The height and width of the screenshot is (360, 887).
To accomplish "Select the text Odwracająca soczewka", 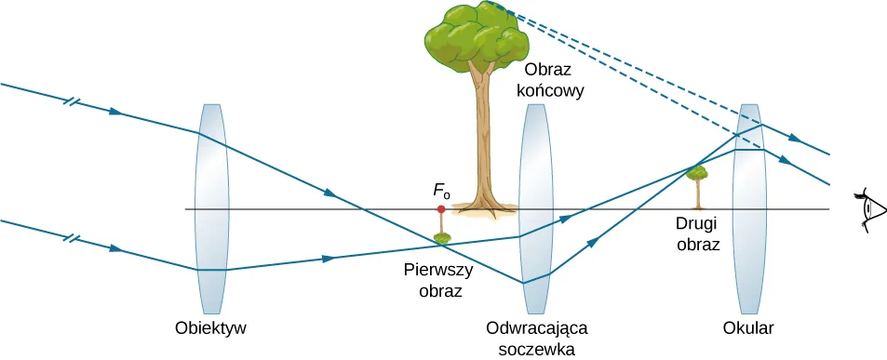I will pos(537,339).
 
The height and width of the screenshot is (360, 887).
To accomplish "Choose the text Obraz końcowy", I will pos(555,81).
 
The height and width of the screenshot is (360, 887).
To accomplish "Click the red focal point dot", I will pos(441,209).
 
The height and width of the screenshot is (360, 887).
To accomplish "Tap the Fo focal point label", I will pos(441,192).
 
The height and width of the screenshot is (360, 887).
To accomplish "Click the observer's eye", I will pos(869,209).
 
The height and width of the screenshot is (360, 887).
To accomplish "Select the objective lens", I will pos(211,209).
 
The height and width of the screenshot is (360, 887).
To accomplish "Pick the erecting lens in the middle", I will pos(535,209).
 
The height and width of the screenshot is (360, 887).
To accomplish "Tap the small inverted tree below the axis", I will pos(441,238).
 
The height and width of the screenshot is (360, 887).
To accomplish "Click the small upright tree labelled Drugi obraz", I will pos(696,186).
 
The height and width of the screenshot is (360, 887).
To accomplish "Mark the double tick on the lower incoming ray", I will pos(71,238).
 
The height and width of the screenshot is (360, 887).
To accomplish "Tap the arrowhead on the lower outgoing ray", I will pos(785,162).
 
